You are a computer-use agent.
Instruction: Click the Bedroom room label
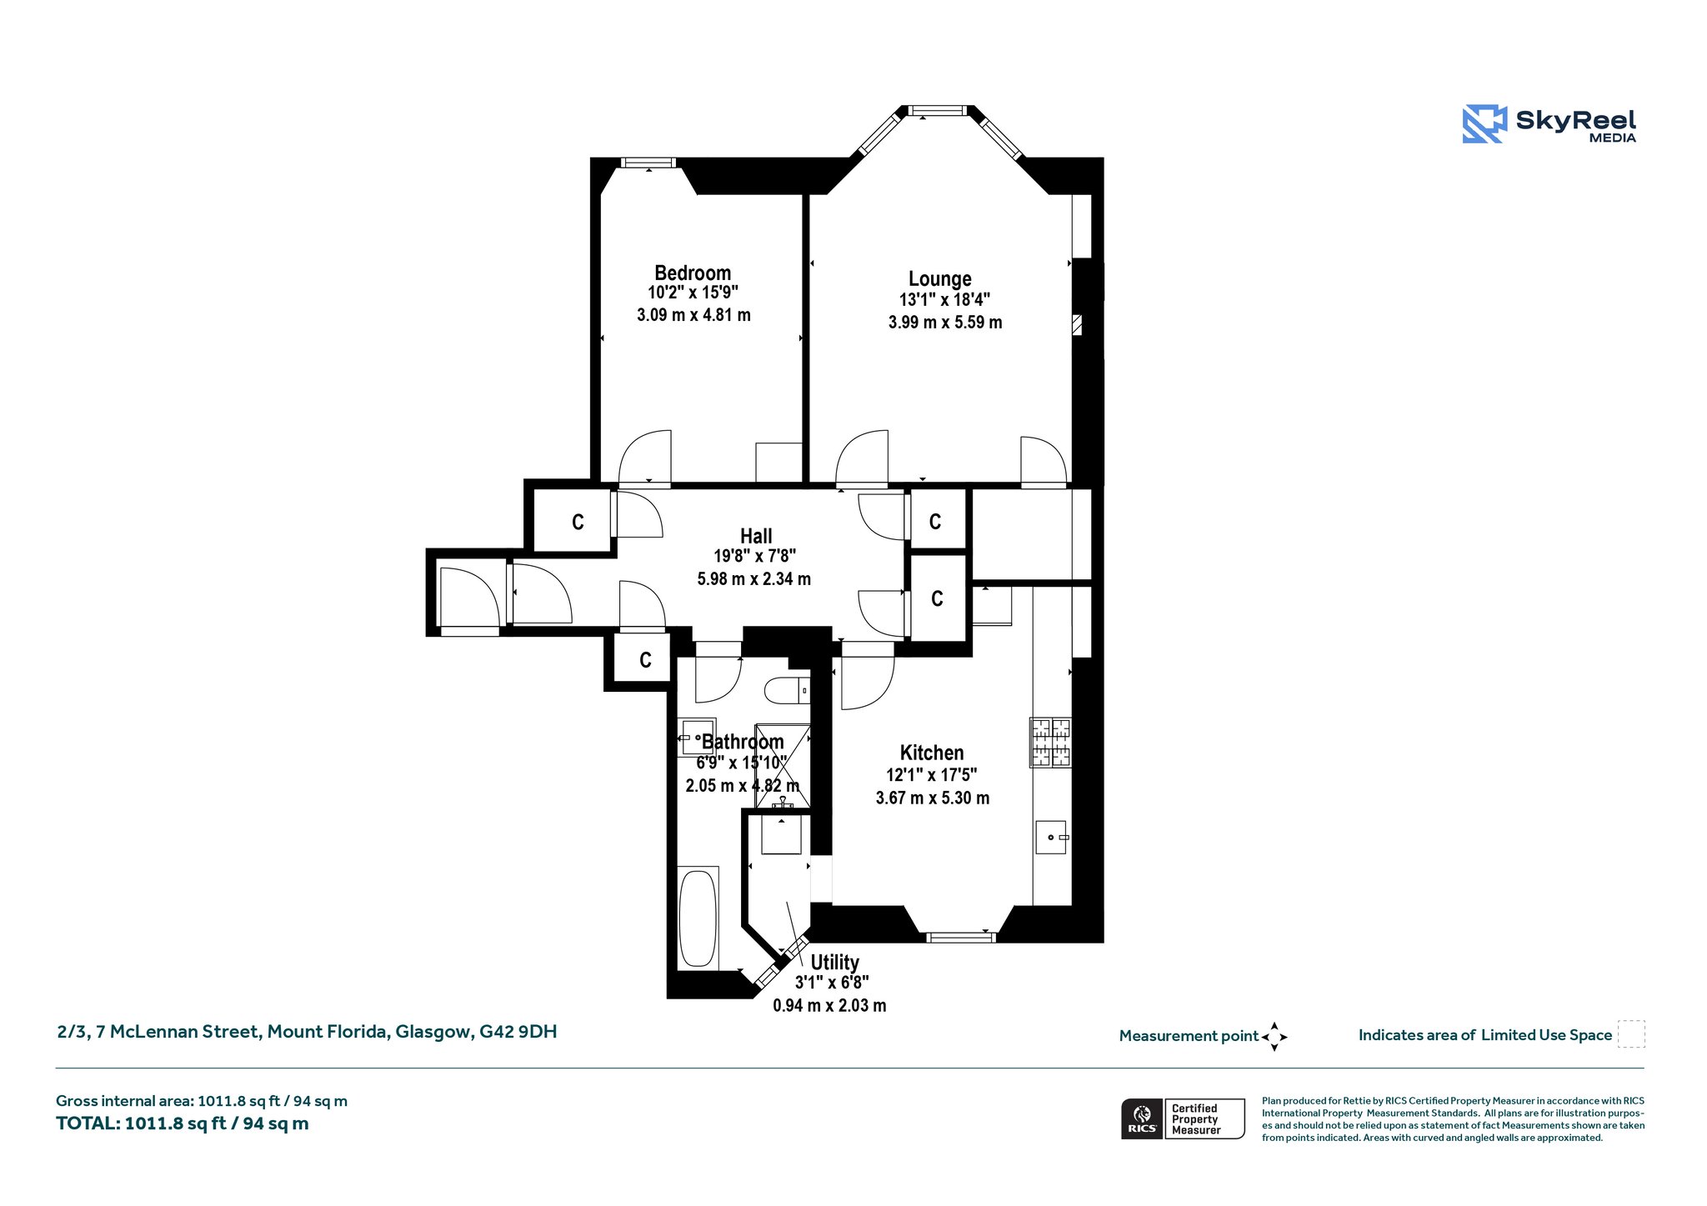pyautogui.click(x=693, y=273)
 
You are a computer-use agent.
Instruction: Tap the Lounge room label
pyautogui.click(x=939, y=278)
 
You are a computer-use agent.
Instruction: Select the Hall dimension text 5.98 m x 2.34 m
pyautogui.click(x=753, y=578)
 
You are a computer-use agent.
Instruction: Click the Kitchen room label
pyautogui.click(x=932, y=753)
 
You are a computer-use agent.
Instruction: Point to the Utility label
pyautogui.click(x=834, y=963)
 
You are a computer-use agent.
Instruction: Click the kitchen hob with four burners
pyautogui.click(x=1050, y=742)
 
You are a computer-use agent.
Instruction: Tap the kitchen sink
pyautogui.click(x=1052, y=836)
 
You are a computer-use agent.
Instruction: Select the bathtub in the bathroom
pyautogui.click(x=698, y=918)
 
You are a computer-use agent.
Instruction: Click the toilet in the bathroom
pyautogui.click(x=787, y=690)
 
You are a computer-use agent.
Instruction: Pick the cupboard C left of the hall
pyautogui.click(x=578, y=523)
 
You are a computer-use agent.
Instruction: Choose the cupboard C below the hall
pyautogui.click(x=645, y=660)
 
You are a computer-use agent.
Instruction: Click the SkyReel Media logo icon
pyautogui.click(x=1484, y=124)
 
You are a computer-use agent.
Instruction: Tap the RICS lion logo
pyautogui.click(x=1142, y=1118)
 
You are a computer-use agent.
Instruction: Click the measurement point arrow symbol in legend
pyautogui.click(x=1274, y=1037)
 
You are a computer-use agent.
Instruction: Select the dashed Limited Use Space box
pyautogui.click(x=1631, y=1034)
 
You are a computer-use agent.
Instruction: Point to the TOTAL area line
pyautogui.click(x=183, y=1123)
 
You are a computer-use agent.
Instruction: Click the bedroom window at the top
pyautogui.click(x=648, y=163)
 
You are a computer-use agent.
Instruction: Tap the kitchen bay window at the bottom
pyautogui.click(x=961, y=938)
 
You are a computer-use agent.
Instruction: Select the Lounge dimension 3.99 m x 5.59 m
pyautogui.click(x=945, y=323)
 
